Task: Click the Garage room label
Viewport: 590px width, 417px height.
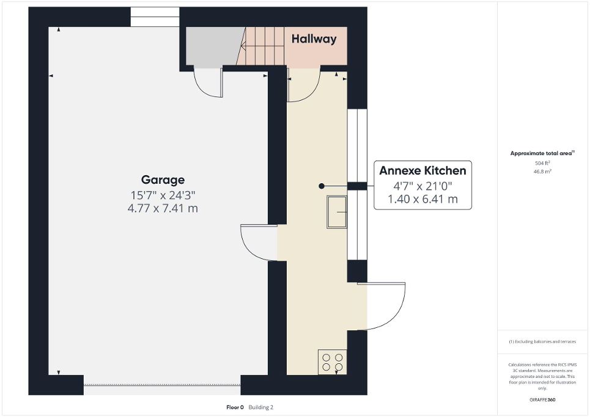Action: (163, 179)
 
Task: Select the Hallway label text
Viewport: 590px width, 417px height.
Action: (314, 39)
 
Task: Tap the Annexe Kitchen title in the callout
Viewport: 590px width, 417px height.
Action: (422, 170)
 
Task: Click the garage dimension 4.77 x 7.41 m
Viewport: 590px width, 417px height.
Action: (163, 209)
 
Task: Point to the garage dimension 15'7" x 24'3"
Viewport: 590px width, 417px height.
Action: (163, 195)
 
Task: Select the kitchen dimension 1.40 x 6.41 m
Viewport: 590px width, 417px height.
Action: (422, 199)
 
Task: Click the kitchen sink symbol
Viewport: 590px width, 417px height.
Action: (336, 212)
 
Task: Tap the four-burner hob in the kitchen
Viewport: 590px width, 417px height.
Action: (333, 362)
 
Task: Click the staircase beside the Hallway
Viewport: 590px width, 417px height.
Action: (262, 46)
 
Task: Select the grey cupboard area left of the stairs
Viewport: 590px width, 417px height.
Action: (211, 46)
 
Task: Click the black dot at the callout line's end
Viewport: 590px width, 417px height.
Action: (320, 186)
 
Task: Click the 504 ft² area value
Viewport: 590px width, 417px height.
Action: (543, 163)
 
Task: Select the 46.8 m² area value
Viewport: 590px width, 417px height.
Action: (543, 172)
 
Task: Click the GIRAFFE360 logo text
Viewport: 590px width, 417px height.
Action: (543, 400)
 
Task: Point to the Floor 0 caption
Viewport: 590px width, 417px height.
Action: (235, 407)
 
